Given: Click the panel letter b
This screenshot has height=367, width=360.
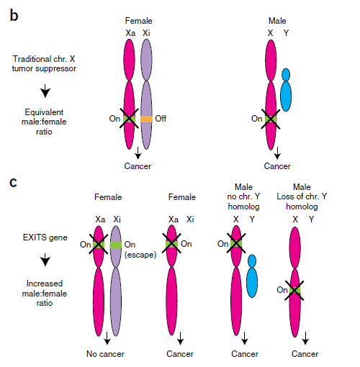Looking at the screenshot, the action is coord(14,16).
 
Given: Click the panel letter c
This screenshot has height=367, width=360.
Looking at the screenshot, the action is coord(14,183).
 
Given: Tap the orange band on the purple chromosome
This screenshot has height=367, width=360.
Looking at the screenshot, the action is coord(146,119).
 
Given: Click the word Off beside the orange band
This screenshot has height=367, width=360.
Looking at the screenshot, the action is coord(161,119).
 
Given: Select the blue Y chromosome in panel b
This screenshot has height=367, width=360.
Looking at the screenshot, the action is coord(286,90).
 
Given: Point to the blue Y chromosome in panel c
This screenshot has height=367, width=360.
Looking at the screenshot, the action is coord(252,276).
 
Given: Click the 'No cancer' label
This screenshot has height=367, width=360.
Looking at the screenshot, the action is coord(105,354).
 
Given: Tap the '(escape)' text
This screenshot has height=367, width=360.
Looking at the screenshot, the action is coord(140,255).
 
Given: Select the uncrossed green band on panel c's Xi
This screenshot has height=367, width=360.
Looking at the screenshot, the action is coord(116,245).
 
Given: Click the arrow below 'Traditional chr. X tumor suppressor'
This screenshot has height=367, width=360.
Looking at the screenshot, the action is coord(45,91).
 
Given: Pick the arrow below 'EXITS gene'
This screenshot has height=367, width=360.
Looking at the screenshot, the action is coord(45,260).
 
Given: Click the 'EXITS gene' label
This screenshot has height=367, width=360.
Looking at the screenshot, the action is coord(45,237).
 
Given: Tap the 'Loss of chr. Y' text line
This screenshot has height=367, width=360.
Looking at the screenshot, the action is coord(302,196).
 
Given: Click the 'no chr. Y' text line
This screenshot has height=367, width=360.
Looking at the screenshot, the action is coord(243,196).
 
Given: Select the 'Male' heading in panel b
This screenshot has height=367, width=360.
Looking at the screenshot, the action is coord(277,21).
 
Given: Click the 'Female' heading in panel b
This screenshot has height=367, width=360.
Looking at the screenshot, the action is coord(139,21).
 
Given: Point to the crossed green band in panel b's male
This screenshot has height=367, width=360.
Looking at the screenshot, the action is coord(271,119).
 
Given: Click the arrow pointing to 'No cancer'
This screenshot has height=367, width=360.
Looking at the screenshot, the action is coord(107,338).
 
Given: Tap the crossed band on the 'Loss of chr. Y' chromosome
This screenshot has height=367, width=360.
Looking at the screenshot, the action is coord(294,290).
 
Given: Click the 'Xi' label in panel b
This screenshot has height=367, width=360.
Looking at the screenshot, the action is coord(146,33).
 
